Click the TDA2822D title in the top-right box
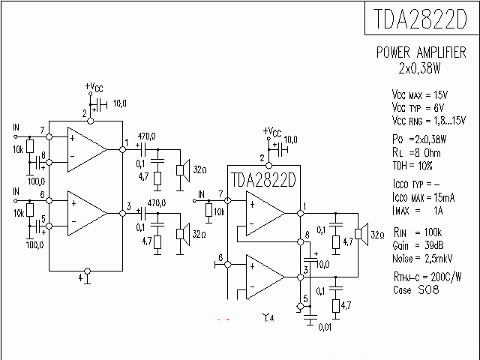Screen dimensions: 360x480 click(421, 18)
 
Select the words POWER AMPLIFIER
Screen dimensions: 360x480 click(421, 53)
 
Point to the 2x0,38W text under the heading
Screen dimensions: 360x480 click(421, 67)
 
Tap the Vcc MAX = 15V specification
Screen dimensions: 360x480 click(419, 96)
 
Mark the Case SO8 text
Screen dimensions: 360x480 click(413, 289)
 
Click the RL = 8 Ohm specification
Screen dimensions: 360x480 click(417, 151)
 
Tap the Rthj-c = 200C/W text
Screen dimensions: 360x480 click(426, 277)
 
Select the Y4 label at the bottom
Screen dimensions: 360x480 click(268, 319)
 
